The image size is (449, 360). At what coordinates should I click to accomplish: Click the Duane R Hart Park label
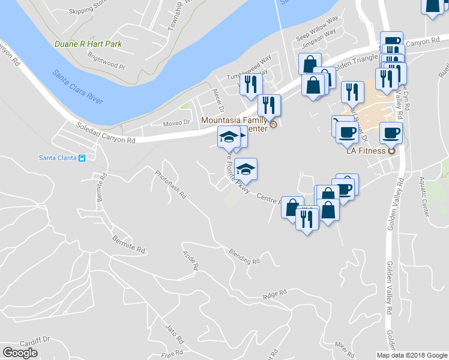[x=88, y=44]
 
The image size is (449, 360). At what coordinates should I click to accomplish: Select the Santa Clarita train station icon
[x=82, y=158]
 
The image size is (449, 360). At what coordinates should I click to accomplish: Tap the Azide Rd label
[x=190, y=260]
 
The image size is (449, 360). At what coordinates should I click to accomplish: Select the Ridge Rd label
[x=275, y=293]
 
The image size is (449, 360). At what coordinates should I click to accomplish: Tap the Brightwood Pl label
[x=105, y=60]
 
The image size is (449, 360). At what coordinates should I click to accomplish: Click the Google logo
[x=20, y=353]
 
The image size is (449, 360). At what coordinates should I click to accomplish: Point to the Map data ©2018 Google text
[x=411, y=355]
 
